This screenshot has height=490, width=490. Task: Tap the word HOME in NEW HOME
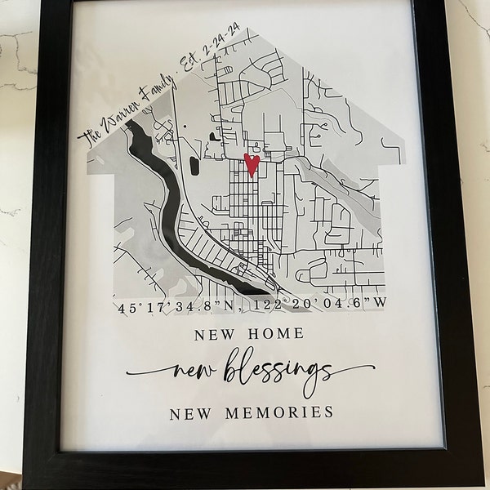click(x=277, y=334)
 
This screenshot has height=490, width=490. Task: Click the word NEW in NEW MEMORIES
click(x=187, y=412)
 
